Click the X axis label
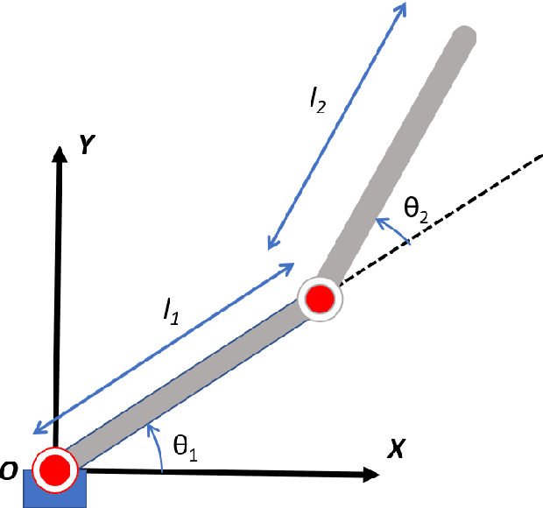coord(395,449)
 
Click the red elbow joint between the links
coord(320,300)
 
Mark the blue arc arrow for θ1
coord(159,447)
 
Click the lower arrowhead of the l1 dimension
coord(36,428)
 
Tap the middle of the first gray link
coord(184,384)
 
